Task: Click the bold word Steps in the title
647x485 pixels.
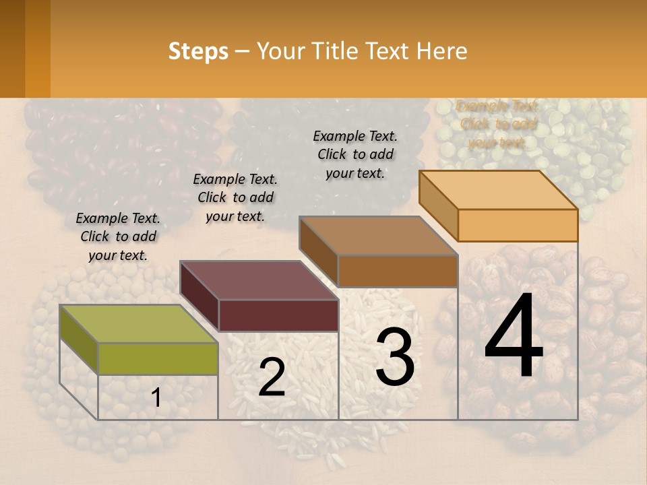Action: coord(198,51)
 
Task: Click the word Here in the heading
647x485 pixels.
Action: coord(442,51)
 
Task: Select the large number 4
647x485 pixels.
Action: coord(514,336)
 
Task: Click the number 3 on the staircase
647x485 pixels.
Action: coord(395,357)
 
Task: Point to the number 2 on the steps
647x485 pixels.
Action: coord(272,378)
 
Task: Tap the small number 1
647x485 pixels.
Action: coord(156,398)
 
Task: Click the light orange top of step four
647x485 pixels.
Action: coord(499,189)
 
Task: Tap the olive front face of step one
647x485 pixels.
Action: coord(158,358)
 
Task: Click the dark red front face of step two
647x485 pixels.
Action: coord(278,315)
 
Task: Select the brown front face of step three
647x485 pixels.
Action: coord(398,271)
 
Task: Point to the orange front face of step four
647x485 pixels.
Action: coord(518,225)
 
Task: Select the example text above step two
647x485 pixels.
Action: coord(235,198)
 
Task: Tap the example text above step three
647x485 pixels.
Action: coord(355,154)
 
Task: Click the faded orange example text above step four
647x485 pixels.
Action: coord(498,124)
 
